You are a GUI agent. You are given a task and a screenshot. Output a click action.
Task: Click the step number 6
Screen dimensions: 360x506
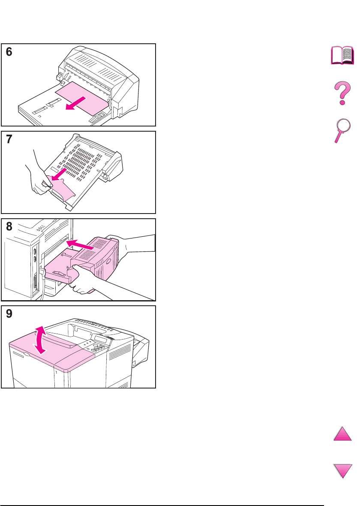(9, 52)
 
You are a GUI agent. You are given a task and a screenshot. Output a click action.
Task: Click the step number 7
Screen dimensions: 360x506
(9, 139)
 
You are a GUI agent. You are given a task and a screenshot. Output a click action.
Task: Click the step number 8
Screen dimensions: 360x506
(9, 226)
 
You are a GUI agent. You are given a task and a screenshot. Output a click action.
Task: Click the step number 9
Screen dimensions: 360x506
(9, 313)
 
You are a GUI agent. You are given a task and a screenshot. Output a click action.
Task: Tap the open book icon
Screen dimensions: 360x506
(342, 56)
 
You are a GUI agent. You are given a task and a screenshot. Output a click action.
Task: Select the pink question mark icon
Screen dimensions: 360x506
(342, 93)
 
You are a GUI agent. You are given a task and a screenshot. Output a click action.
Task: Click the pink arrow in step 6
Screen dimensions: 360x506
(76, 103)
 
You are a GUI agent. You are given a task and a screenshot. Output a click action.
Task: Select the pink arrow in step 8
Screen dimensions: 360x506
(80, 244)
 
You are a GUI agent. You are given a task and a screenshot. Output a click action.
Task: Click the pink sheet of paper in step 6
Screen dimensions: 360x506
(82, 98)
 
